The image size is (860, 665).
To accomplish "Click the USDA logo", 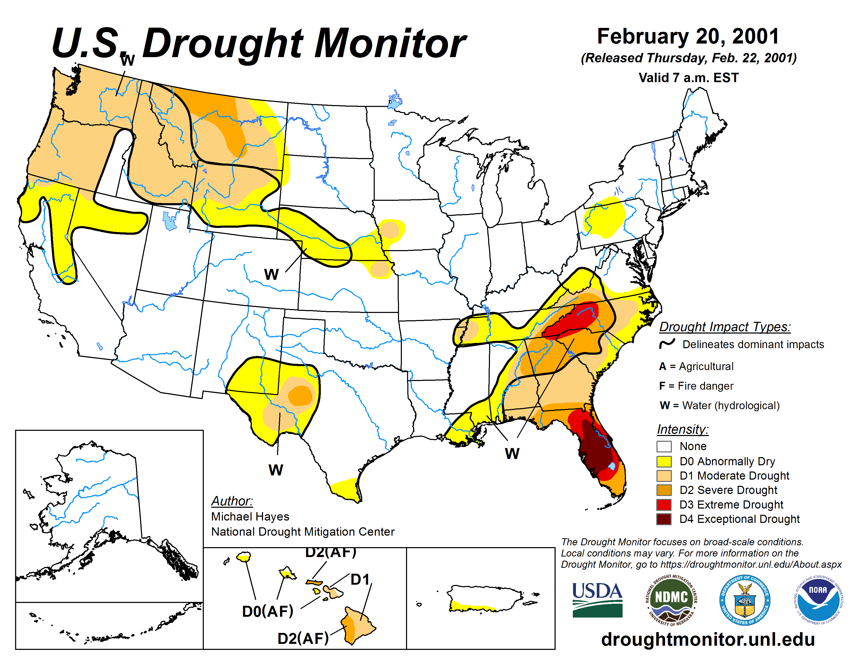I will pos(597,599).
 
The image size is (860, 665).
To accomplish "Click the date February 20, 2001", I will pos(688,36).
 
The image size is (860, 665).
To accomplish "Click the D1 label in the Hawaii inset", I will pos(360,579).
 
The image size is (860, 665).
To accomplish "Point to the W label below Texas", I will pos(276,470).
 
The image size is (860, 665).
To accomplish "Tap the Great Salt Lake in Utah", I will pos(170,221).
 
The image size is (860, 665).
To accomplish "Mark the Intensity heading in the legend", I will pos(683,429).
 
